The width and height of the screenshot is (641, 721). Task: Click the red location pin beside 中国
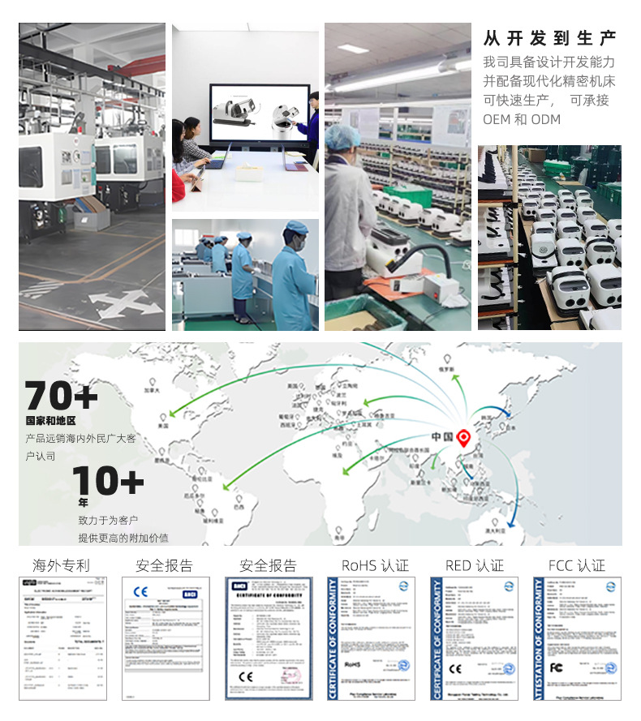(464, 437)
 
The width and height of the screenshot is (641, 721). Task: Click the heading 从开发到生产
(549, 38)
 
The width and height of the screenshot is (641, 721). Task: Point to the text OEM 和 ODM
(521, 119)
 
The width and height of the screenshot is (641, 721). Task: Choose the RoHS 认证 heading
(374, 565)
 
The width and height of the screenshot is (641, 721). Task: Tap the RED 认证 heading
(474, 565)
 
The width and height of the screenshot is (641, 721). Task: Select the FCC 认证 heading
(576, 565)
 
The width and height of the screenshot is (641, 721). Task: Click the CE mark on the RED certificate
(455, 669)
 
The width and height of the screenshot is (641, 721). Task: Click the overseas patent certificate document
(63, 637)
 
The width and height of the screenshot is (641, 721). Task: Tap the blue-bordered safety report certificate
(269, 638)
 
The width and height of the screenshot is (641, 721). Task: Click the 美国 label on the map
(163, 425)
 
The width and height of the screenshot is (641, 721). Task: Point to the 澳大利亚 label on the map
(495, 528)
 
